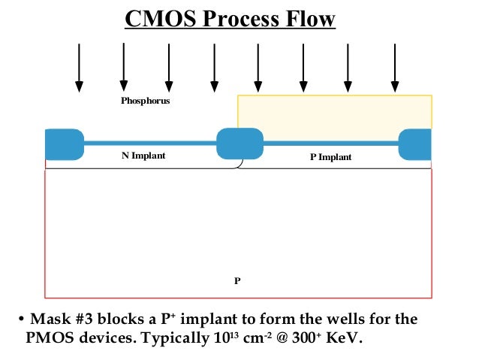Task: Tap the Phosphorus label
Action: [x=146, y=100]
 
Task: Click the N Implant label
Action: [x=143, y=156]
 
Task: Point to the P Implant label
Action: [x=330, y=157]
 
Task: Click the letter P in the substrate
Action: [x=237, y=280]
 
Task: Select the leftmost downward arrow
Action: [x=78, y=68]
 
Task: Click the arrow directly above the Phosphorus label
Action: [x=123, y=68]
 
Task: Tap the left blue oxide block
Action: [x=65, y=144]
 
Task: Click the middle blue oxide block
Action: [x=239, y=144]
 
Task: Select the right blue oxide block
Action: [x=415, y=144]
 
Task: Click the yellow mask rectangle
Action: [x=334, y=112]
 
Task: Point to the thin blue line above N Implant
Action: [x=149, y=142]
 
